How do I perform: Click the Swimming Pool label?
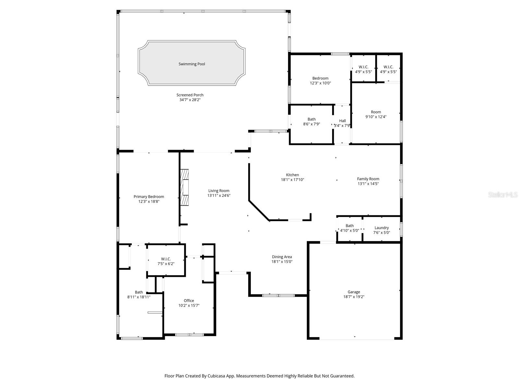click(192, 64)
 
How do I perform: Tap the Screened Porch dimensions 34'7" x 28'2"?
click(190, 100)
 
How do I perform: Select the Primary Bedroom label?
click(149, 196)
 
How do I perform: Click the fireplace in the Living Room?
click(185, 187)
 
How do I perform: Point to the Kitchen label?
click(292, 175)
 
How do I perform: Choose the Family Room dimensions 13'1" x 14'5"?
click(368, 183)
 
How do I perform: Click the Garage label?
click(354, 292)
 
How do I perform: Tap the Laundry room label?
click(381, 228)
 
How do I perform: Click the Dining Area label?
click(282, 257)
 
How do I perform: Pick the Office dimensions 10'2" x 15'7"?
click(189, 305)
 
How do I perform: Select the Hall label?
click(342, 121)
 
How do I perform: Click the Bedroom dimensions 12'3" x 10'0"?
click(320, 83)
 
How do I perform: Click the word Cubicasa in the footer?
click(222, 376)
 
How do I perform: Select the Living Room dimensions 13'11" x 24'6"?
click(219, 195)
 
